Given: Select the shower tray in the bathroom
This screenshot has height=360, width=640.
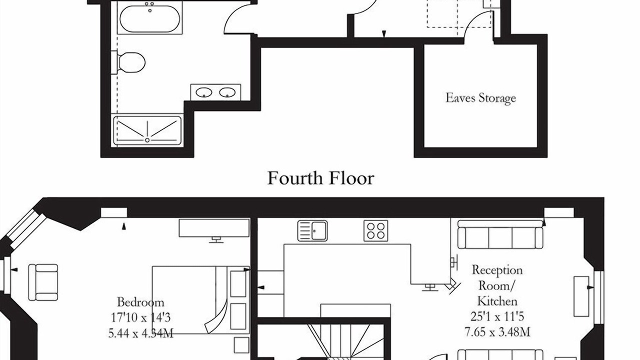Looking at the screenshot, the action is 147,131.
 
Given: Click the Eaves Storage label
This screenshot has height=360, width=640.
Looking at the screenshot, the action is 481,98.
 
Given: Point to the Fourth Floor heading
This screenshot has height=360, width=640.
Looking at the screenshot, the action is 320,178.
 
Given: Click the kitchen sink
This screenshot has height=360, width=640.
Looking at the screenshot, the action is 312,230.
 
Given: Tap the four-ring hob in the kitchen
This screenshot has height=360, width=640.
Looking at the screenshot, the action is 375,230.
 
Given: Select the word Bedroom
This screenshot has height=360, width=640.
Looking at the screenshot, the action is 140,302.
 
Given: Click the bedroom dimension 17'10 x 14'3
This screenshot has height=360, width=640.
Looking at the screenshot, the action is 140,317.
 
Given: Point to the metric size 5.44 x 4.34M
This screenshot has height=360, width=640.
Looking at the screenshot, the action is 140,333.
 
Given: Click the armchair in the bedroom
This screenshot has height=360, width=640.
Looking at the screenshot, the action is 43,282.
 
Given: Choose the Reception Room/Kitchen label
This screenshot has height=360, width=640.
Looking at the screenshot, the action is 497,285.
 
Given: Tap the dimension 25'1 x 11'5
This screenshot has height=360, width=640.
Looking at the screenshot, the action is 497,316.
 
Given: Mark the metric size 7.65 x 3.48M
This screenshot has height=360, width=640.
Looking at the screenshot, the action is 497,332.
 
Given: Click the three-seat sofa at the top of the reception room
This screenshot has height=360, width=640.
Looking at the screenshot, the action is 500,234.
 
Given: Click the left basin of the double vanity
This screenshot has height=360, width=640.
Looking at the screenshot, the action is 204,92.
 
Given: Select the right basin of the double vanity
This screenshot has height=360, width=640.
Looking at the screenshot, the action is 227,92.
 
